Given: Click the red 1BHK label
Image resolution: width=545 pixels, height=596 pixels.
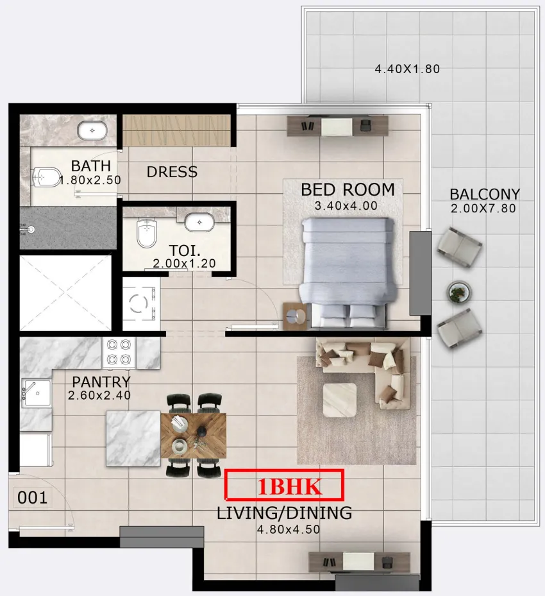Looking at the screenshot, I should point(284,486).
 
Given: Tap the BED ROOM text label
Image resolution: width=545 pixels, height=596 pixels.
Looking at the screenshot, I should point(348,190).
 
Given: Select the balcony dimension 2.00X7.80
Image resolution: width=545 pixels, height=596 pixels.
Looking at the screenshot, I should point(484,208).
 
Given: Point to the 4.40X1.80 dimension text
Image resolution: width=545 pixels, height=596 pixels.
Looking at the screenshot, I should point(407,69).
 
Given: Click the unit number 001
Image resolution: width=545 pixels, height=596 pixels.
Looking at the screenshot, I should point(32,498).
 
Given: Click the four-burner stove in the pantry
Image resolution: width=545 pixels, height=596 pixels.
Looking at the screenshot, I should point(120,352).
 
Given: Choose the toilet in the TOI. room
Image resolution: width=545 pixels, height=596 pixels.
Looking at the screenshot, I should point(147,232).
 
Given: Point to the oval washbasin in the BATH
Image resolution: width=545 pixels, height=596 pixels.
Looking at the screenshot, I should point(92,130).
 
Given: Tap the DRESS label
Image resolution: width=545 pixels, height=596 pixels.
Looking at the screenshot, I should point(172,172).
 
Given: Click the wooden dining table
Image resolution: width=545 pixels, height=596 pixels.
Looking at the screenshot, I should point(192,435).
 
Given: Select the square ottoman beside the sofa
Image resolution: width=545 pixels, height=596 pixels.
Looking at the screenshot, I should point(339,399).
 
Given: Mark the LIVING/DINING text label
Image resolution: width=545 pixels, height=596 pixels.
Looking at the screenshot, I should point(284,513).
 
